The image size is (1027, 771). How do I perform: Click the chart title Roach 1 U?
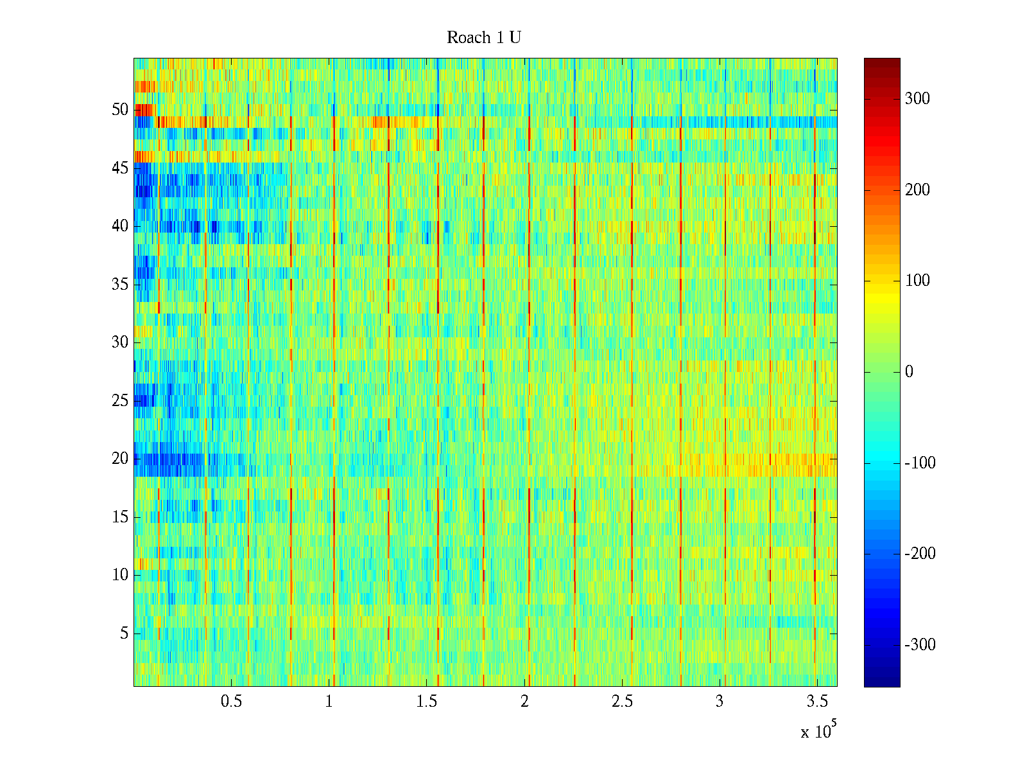[483, 38]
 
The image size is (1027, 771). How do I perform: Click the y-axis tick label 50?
[120, 110]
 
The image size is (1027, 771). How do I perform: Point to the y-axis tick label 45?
[120, 168]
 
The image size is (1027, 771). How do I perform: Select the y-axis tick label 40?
[120, 226]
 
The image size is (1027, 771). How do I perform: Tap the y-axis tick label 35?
[120, 285]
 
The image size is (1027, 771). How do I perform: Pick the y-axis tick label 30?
[120, 342]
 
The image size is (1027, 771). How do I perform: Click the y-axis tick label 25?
[120, 401]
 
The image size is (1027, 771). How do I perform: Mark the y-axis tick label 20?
[120, 459]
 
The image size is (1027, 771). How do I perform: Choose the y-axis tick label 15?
[120, 517]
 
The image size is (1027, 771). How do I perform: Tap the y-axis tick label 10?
[120, 575]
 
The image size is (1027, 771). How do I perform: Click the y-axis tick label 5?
[124, 634]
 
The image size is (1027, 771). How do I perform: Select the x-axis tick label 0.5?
[231, 702]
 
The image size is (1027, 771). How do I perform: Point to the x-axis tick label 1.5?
[427, 702]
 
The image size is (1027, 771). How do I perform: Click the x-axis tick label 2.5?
[622, 702]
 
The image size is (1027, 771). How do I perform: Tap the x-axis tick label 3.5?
[817, 702]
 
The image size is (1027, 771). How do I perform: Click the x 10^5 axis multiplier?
[818, 731]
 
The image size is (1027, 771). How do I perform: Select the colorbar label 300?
[917, 99]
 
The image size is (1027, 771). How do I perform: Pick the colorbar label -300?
[920, 645]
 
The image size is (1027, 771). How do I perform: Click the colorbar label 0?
[909, 372]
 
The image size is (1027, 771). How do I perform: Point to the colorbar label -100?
[920, 463]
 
